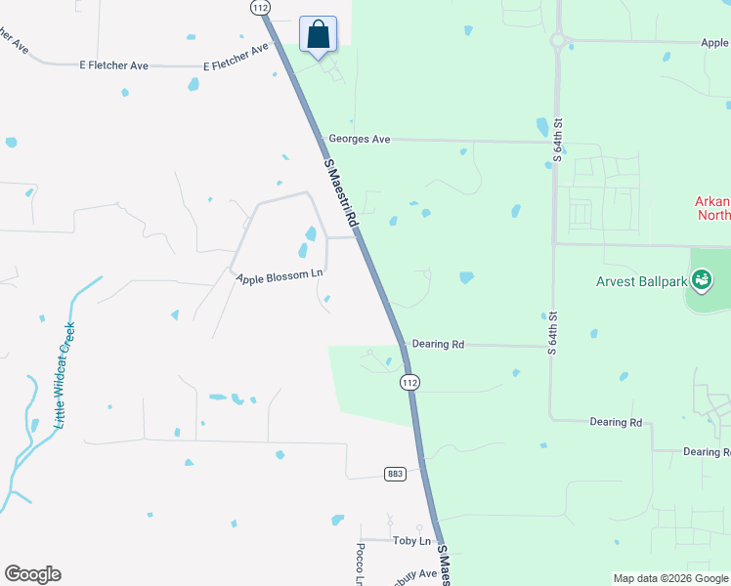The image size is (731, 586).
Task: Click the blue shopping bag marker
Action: (318, 35)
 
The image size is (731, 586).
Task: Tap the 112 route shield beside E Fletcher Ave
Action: (259, 7)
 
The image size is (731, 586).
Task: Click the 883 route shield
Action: (395, 474)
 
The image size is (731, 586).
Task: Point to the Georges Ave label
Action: (360, 140)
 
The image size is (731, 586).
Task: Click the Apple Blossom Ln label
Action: (279, 276)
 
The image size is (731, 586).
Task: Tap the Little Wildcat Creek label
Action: (65, 376)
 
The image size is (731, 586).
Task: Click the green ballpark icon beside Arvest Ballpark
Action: (701, 281)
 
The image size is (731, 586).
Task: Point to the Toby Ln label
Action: (411, 541)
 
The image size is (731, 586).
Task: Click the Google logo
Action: (32, 574)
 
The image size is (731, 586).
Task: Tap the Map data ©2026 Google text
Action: (670, 578)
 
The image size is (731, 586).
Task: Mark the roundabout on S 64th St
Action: (558, 41)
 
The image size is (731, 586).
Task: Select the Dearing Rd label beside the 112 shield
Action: (438, 345)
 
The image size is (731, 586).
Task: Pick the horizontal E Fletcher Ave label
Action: (113, 65)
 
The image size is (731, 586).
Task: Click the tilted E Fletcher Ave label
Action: (236, 58)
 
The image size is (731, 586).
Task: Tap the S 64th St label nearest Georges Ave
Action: (558, 144)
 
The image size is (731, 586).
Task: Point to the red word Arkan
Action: (712, 201)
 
